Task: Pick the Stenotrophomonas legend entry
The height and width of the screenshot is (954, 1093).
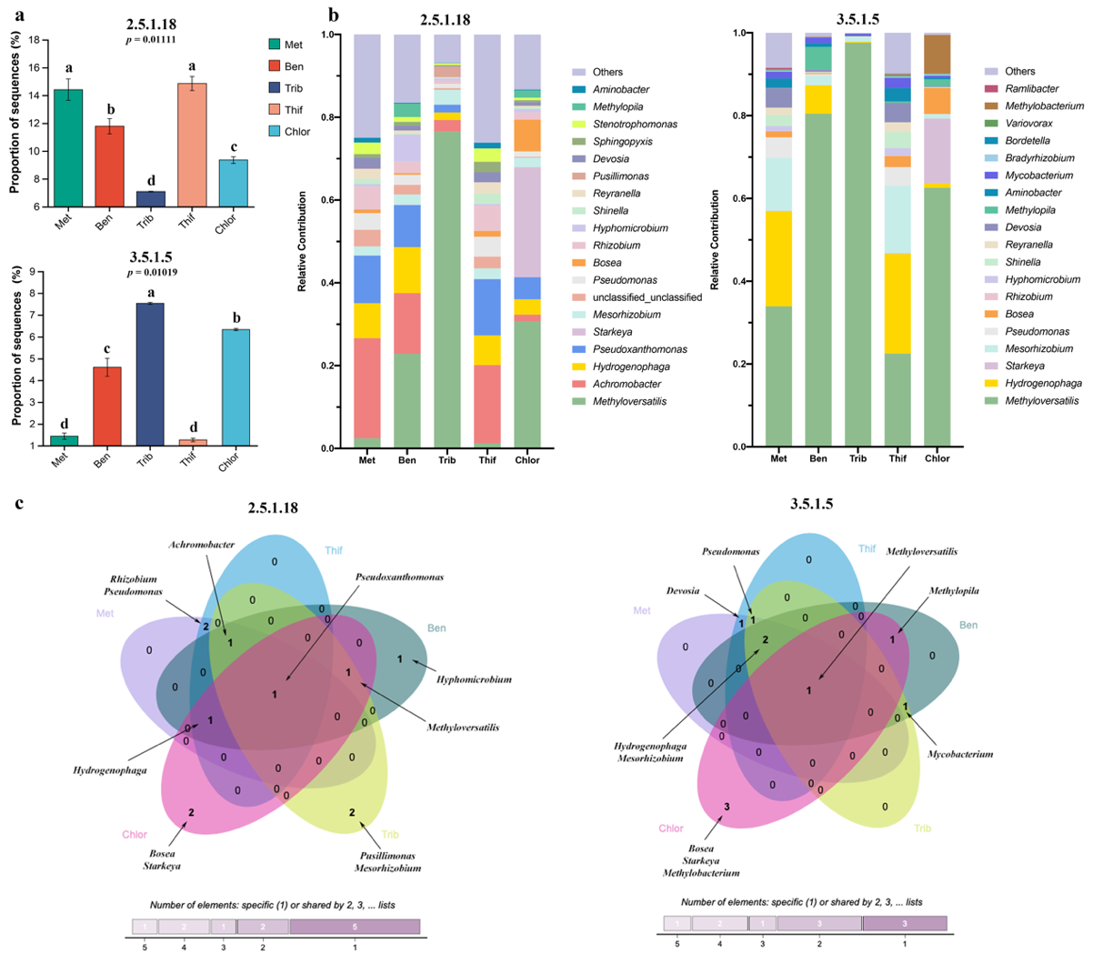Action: [623, 125]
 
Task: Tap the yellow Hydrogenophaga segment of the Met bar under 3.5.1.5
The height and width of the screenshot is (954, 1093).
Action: [778, 259]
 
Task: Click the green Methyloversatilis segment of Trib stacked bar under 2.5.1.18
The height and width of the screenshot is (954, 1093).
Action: [446, 290]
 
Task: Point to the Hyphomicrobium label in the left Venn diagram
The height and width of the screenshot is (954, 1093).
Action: [474, 679]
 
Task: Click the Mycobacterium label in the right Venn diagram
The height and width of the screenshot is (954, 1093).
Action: [960, 754]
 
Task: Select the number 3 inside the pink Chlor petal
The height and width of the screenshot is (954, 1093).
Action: [727, 807]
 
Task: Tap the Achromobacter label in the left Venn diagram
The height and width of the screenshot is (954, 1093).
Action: [202, 545]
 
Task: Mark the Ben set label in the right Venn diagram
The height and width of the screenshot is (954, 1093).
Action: [968, 625]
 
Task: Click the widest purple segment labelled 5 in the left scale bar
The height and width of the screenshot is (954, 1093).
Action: [355, 927]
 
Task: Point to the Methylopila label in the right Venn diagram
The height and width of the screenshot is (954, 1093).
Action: [954, 591]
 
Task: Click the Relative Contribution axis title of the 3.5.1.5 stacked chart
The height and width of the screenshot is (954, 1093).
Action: [715, 240]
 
